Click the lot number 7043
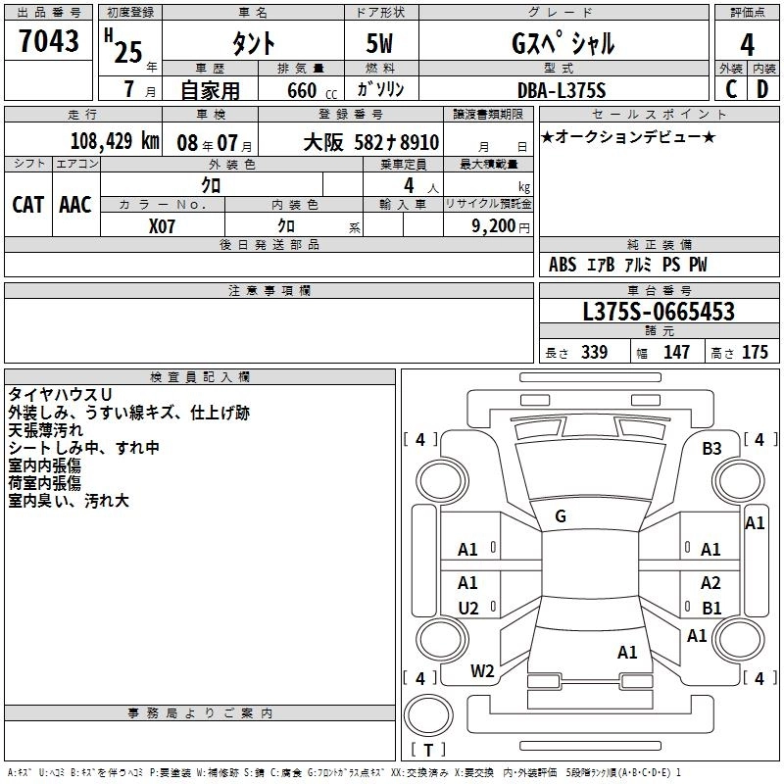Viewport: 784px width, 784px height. point(48,43)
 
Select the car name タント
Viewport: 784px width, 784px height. point(253,44)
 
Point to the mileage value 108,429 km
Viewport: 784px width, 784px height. point(115,141)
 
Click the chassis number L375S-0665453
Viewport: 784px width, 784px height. point(658,313)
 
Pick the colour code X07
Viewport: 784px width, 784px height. point(163,224)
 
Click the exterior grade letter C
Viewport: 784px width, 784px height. point(730,90)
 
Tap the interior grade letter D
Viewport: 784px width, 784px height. point(762,90)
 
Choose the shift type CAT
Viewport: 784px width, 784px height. point(27,205)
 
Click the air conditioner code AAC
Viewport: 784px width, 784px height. point(74,205)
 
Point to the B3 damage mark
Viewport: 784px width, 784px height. point(711,448)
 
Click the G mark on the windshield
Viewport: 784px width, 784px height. point(561,516)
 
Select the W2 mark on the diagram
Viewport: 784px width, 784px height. point(482,671)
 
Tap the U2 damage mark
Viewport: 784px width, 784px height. point(468,608)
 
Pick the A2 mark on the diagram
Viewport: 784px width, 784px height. point(711,583)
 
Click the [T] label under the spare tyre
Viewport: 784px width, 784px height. point(427,751)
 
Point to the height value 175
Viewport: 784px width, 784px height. point(755,353)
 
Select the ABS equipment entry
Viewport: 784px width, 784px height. point(563,265)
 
